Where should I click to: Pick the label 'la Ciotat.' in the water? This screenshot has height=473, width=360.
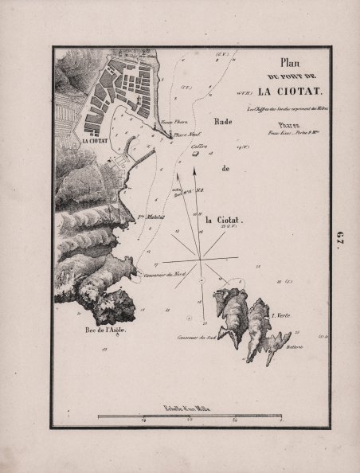tap(223, 220)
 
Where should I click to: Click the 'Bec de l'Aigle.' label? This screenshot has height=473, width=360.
tap(101, 329)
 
